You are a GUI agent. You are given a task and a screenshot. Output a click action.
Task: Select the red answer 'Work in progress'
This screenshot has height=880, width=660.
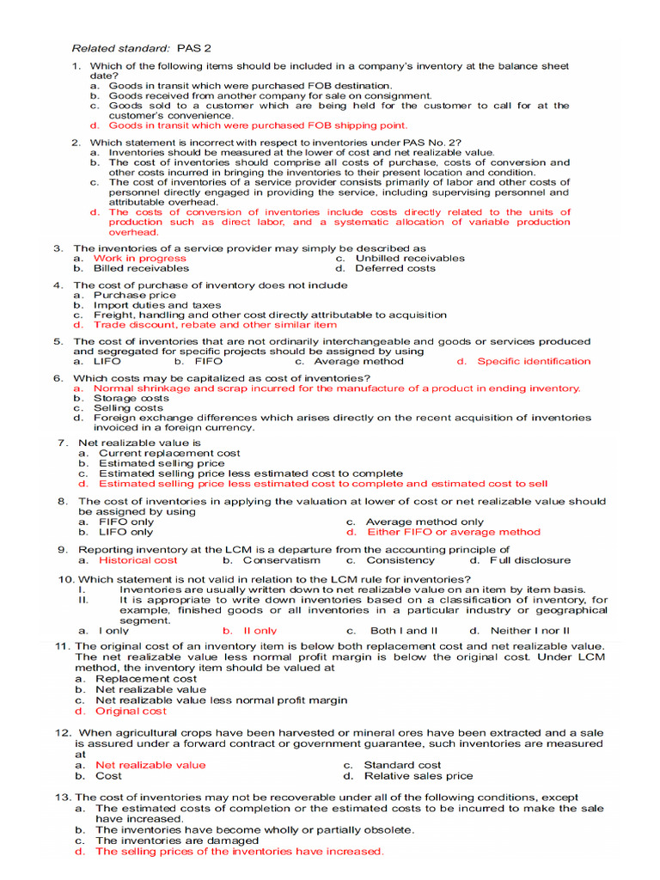pyautogui.click(x=139, y=258)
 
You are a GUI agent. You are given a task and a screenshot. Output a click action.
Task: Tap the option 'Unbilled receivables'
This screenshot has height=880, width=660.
pyautogui.click(x=410, y=258)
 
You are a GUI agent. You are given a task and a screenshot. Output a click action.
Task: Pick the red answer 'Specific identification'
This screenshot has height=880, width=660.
pyautogui.click(x=534, y=362)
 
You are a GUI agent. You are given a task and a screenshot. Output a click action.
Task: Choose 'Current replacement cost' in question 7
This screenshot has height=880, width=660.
pyautogui.click(x=169, y=453)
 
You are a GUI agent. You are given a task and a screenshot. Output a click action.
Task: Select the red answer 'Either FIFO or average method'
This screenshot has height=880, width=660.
pyautogui.click(x=453, y=532)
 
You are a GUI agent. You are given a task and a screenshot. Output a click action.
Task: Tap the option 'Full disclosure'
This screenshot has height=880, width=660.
pyautogui.click(x=529, y=560)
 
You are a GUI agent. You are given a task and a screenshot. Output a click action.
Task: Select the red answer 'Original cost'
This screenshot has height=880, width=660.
pyautogui.click(x=131, y=712)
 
